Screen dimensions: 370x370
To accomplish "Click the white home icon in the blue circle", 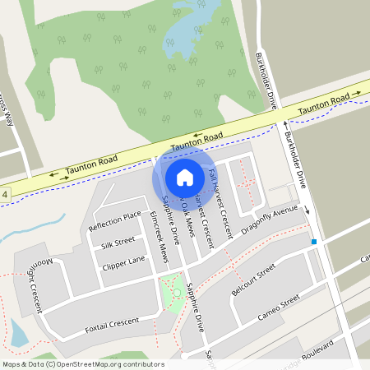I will click(184, 177).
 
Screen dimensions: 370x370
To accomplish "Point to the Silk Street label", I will click(118, 243).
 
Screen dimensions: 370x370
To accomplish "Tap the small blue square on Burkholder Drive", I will click(313, 242).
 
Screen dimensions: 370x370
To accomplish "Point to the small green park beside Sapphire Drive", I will click(173, 294).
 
